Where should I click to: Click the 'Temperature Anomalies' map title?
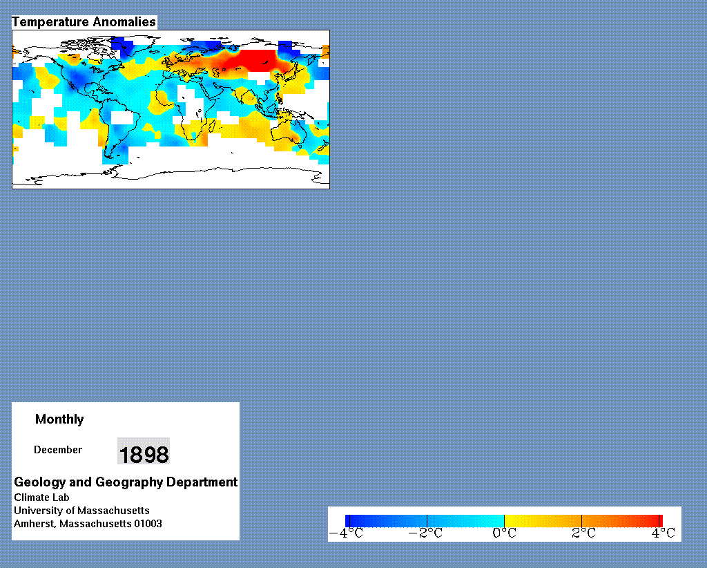(x=84, y=21)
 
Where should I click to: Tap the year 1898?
(x=144, y=454)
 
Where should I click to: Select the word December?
(x=58, y=450)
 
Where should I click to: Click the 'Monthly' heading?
(x=59, y=419)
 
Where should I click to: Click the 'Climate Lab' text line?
(x=41, y=497)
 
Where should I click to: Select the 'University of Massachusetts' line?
(x=81, y=510)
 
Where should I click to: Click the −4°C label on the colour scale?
(x=347, y=533)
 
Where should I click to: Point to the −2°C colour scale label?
(x=425, y=533)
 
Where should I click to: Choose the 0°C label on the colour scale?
(x=504, y=533)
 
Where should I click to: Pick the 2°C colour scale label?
(x=583, y=533)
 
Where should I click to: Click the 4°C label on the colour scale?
(x=663, y=533)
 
